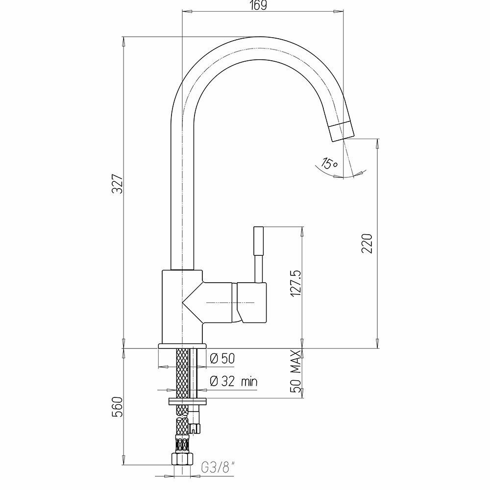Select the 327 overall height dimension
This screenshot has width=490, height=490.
(x=118, y=184)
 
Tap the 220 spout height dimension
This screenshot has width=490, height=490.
(x=367, y=243)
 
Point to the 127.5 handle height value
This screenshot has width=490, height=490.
(x=295, y=284)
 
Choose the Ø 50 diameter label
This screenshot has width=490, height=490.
(x=222, y=359)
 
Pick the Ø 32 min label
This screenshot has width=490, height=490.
(x=234, y=381)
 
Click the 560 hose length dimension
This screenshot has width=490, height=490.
(x=118, y=407)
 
